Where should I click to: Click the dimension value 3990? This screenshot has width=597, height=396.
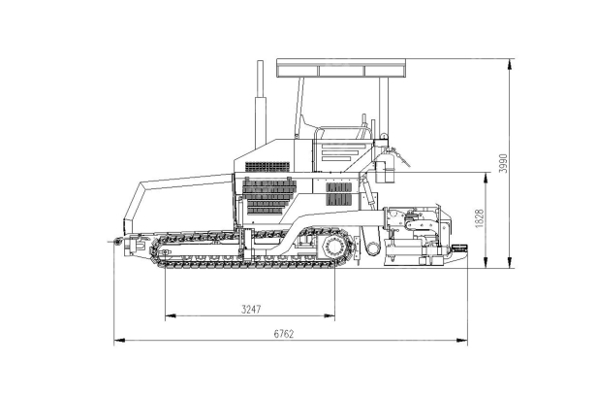503,163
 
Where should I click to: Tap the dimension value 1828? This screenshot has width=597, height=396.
480,218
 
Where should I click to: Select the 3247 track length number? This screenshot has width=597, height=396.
251,309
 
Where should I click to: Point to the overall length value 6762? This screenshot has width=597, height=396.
284,334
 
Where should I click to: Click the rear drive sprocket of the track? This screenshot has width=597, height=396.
335,247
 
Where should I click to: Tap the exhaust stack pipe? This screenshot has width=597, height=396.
260,104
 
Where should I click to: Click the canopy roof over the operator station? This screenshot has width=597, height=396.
341,68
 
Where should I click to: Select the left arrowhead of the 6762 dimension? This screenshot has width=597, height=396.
119,340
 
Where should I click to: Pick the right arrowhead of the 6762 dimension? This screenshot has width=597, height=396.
462,340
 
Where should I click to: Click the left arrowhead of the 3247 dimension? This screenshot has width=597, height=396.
171,315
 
